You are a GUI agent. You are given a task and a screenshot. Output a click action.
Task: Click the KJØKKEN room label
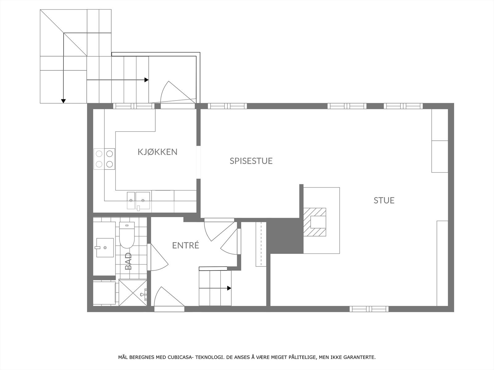coord(157,152)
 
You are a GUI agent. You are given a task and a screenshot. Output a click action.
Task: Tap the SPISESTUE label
coord(251,161)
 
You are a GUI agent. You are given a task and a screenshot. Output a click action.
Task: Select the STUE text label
coord(384,200)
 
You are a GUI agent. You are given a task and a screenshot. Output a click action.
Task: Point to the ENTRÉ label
coord(186,245)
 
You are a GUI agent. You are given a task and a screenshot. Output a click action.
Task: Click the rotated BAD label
coord(128,261)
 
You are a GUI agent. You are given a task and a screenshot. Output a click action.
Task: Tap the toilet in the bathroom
coord(127,235)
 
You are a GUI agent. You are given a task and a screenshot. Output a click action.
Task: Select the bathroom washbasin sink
coord(105,248)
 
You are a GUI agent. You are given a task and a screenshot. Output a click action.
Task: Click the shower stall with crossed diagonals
coord(133,292)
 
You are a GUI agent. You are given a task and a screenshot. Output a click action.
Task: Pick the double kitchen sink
coord(138,201)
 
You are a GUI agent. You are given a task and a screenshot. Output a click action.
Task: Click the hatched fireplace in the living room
coord(315,222)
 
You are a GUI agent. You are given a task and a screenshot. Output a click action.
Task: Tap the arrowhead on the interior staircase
coord(229,288)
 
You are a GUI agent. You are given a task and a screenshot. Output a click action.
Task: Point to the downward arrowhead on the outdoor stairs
coord(64,101)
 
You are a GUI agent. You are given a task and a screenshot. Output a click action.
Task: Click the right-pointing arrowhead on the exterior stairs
coord(146,80)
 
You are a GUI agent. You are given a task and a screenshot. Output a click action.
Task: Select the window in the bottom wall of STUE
coord(369,309)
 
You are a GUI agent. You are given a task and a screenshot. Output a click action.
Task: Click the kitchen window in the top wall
coord(134,106)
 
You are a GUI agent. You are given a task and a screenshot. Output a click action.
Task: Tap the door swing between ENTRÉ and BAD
coord(158,257)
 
